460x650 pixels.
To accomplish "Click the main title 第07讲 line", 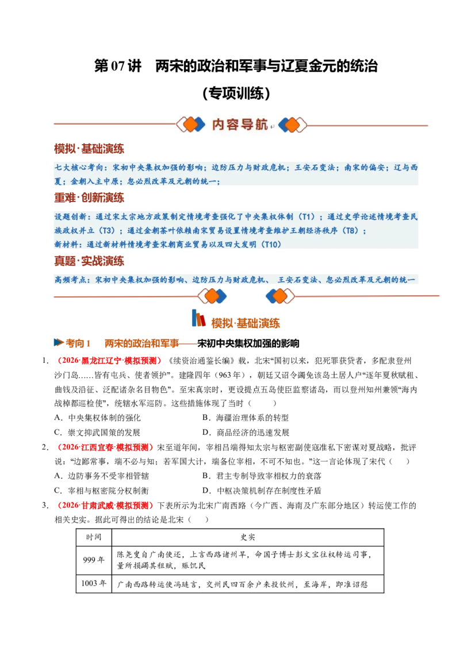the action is [x=236, y=66].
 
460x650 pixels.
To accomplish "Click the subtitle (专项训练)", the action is [x=236, y=93].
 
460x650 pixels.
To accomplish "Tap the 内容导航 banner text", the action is [x=240, y=125].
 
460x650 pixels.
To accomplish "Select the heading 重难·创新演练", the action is [x=89, y=198].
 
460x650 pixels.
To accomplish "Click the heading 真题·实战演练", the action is [x=89, y=261].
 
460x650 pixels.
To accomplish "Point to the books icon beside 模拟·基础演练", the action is [x=198, y=318].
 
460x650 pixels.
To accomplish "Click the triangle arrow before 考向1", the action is [x=59, y=342].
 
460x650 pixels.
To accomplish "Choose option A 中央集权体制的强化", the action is [x=98, y=418].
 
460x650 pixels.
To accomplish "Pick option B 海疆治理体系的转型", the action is [x=246, y=418].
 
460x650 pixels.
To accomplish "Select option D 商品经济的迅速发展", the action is [x=246, y=432].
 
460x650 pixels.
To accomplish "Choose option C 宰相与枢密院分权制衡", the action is [x=101, y=490].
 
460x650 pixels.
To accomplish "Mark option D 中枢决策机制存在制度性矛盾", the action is [x=262, y=490].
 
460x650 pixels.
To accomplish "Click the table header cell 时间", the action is [x=94, y=537].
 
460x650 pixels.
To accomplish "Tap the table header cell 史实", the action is [x=247, y=537].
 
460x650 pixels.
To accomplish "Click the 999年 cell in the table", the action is [x=94, y=560].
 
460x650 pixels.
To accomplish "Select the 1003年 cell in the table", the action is [x=94, y=583].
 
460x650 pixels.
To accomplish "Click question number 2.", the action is [x=45, y=447].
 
